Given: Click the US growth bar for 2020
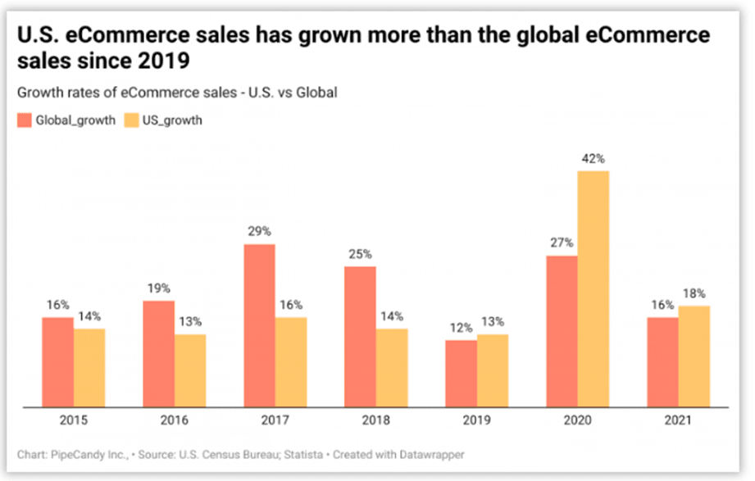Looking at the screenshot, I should [593, 288].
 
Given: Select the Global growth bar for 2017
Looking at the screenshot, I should [259, 324].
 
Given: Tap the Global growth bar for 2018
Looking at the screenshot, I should [360, 336].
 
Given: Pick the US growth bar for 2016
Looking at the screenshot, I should [190, 370].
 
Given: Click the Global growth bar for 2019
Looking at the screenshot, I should [461, 372].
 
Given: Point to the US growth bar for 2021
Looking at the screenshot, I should [694, 356].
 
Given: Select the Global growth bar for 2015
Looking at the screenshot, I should [58, 361].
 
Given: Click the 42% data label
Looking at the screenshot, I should [594, 158].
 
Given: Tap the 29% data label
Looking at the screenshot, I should [259, 232].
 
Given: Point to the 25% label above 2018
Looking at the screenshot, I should [360, 254].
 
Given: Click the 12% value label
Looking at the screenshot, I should [461, 328].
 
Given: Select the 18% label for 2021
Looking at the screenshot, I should [694, 293].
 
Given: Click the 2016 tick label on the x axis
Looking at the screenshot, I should [174, 420].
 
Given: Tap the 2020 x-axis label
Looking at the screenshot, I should [577, 420].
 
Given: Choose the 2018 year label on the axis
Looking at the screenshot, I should [375, 420].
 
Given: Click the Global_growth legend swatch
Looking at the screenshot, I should [25, 120].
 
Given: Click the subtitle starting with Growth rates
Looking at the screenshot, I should [177, 93].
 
